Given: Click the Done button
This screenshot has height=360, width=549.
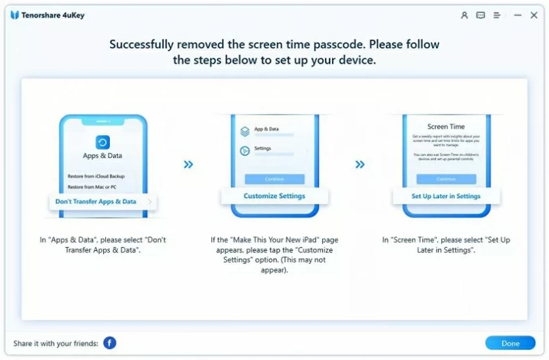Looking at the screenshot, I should [x=510, y=343].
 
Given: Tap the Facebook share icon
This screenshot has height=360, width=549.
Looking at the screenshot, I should [x=109, y=343].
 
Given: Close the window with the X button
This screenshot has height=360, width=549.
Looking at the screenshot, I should [x=534, y=15].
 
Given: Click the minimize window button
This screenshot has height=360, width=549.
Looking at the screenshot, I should [x=517, y=15].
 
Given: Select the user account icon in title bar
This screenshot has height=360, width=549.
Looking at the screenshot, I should [x=464, y=15].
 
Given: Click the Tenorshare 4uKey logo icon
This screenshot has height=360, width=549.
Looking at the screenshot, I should [x=14, y=15].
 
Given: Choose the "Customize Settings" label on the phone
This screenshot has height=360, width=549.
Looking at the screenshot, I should [x=274, y=196].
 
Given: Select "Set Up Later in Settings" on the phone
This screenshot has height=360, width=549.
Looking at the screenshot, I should [x=446, y=196].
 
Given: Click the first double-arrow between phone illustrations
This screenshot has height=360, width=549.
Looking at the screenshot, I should [x=188, y=165].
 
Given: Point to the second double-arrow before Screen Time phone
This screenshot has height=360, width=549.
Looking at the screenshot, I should [x=359, y=165].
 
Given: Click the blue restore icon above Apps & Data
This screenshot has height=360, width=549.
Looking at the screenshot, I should [x=103, y=142].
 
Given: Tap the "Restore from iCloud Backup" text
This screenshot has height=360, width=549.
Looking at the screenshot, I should [x=95, y=176].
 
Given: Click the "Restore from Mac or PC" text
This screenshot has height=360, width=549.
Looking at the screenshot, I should [x=92, y=188].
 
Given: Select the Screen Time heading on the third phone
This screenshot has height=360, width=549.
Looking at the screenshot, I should [x=446, y=127].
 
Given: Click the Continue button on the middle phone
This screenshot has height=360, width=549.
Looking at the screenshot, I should [x=274, y=179].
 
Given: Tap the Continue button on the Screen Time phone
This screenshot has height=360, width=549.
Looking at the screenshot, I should [x=446, y=179].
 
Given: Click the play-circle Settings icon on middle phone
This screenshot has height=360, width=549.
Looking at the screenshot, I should [x=244, y=150].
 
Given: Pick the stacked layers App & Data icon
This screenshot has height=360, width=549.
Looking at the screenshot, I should [x=244, y=131].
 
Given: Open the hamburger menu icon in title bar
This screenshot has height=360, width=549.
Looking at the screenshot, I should [x=497, y=15].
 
